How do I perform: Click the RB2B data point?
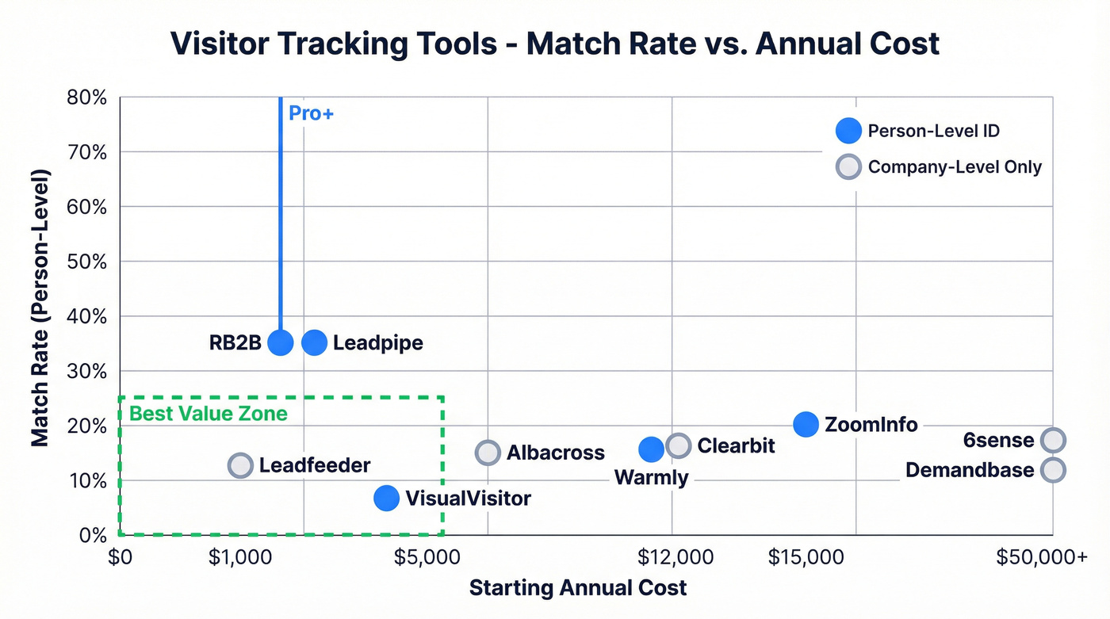tap(281, 342)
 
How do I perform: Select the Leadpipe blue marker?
tap(315, 342)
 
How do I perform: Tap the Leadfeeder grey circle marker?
tap(240, 465)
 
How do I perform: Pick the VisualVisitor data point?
tap(386, 498)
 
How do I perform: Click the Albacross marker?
tap(488, 453)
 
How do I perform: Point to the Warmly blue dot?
tap(651, 449)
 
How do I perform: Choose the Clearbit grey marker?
tap(678, 445)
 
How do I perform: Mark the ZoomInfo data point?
tap(806, 424)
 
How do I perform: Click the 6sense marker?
tap(1053, 440)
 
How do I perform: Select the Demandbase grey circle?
tap(1053, 470)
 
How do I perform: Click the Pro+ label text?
tap(311, 113)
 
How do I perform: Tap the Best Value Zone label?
tap(208, 414)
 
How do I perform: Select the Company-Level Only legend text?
tap(955, 167)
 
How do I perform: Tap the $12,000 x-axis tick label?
tap(675, 557)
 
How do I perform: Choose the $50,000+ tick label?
tap(1041, 557)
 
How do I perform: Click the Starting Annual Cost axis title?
tap(578, 588)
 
